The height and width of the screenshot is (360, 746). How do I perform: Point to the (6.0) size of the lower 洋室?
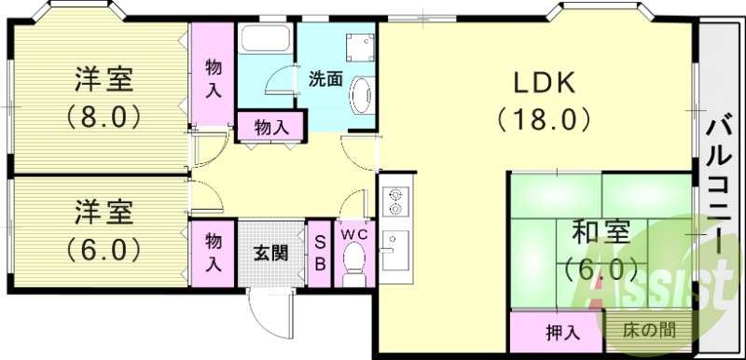pos(103,249)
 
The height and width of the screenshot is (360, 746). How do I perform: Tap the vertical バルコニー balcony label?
pos(719,187)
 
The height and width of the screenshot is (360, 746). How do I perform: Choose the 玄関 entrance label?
pos(270,253)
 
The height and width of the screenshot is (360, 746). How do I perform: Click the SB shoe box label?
pos(318,253)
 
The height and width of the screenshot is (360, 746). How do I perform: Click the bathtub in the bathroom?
pos(265,42)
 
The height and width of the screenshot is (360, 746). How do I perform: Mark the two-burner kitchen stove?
pos(394,201)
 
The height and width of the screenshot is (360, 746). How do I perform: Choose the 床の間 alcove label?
pos(649,329)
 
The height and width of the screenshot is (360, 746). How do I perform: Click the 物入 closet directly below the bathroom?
pos(270,127)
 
